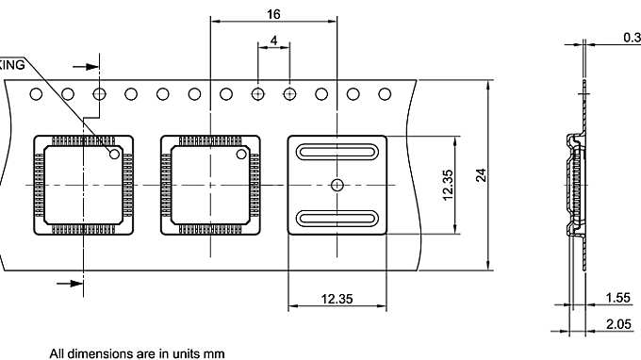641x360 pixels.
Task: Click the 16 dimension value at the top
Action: (x=273, y=14)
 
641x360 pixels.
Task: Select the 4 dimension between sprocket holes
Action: (x=273, y=41)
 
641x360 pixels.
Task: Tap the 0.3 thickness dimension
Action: (x=631, y=38)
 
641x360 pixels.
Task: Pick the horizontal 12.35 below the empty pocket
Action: (x=337, y=299)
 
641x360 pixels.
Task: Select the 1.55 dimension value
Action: (x=618, y=298)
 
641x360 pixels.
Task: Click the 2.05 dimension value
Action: (x=618, y=324)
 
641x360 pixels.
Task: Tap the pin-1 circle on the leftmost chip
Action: (x=115, y=153)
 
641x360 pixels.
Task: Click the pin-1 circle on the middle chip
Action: (x=242, y=153)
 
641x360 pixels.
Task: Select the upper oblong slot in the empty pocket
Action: (x=337, y=151)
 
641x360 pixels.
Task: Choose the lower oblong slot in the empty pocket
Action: (x=337, y=219)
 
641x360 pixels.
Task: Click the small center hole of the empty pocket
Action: (x=337, y=185)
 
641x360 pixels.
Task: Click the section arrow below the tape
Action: (x=70, y=282)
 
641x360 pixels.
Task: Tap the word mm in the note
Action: (x=214, y=353)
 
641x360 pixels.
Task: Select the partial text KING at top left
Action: (x=12, y=64)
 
